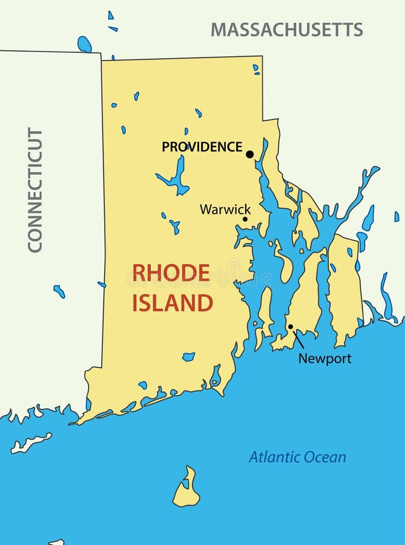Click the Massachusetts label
(287, 29)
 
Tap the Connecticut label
(35, 190)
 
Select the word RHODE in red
(171, 273)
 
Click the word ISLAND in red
(173, 302)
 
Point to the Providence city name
(202, 147)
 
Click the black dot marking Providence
(249, 154)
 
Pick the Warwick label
(221, 209)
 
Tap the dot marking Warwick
(245, 219)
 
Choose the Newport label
(324, 358)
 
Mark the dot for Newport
(291, 327)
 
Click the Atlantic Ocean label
(297, 457)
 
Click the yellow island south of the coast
(186, 489)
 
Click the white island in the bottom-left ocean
(30, 443)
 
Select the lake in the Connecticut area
(59, 291)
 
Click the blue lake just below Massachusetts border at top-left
(84, 44)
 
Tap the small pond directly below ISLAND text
(188, 357)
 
